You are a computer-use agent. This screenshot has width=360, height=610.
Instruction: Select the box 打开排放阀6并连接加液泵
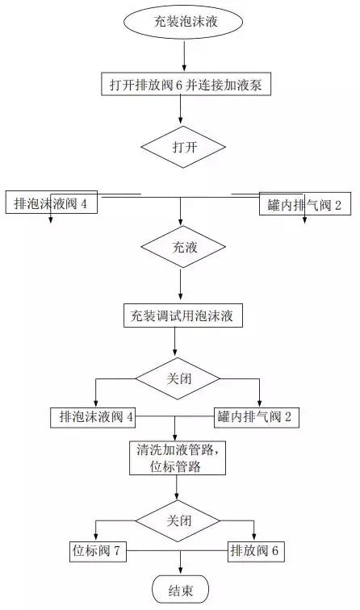(185, 84)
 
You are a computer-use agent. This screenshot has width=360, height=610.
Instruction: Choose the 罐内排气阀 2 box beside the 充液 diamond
(304, 205)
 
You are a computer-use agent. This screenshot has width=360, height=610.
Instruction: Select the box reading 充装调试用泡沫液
(182, 315)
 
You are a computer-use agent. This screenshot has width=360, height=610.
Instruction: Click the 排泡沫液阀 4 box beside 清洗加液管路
(96, 417)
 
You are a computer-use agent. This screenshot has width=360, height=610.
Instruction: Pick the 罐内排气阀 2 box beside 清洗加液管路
(258, 417)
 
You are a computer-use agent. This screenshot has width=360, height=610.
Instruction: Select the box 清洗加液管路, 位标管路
(177, 457)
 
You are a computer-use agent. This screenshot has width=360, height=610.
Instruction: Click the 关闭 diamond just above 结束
(178, 520)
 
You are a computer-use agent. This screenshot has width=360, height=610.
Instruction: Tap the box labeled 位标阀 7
(95, 551)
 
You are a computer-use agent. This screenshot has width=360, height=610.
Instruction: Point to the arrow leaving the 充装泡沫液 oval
(185, 55)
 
